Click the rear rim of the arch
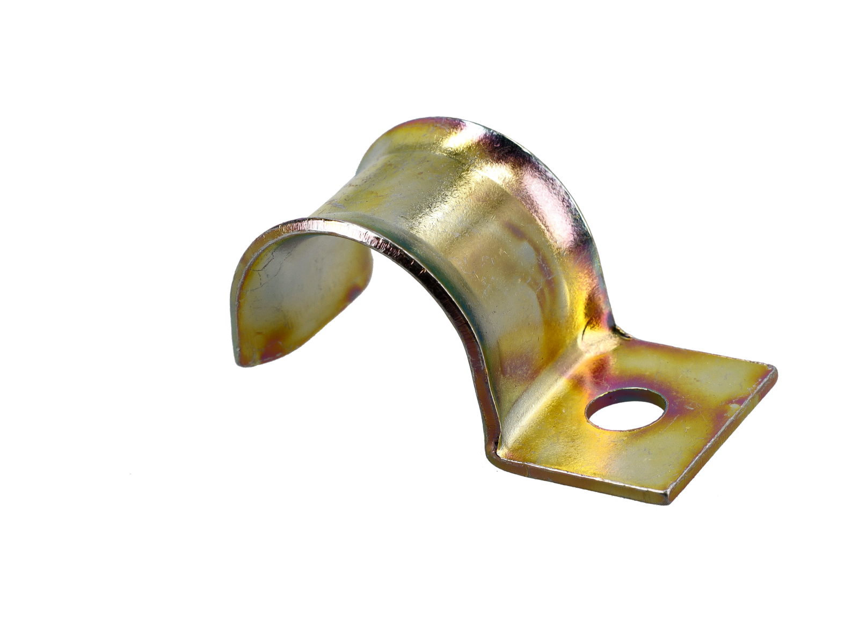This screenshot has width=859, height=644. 558,177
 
